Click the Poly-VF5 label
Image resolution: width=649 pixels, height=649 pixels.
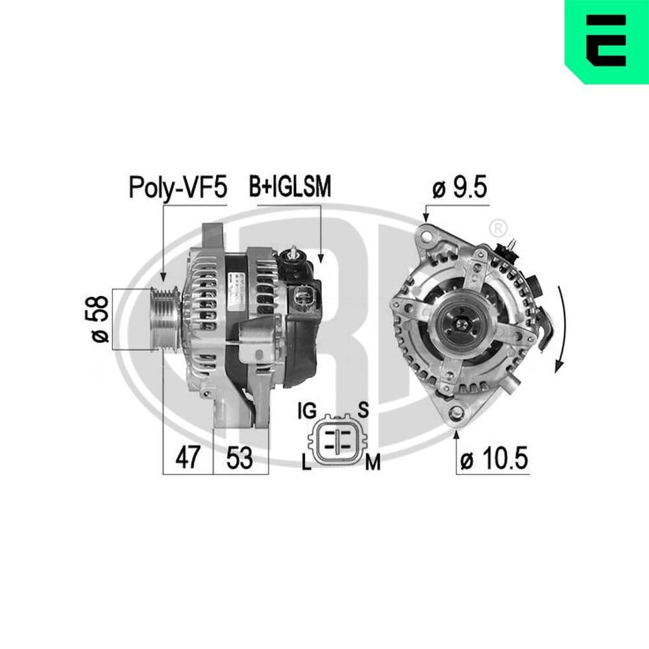[x=178, y=188]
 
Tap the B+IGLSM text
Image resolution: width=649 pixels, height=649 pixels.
[x=290, y=187]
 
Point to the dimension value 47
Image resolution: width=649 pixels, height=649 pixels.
[x=188, y=458]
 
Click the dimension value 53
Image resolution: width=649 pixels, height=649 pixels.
[x=239, y=458]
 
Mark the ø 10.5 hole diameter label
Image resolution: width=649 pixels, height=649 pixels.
[x=494, y=459]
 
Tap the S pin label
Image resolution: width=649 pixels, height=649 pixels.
[x=363, y=410]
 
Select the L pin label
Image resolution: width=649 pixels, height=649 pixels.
[x=306, y=461]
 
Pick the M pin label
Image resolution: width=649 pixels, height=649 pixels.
[x=372, y=461]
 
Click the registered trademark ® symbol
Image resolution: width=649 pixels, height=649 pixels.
[x=497, y=228]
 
